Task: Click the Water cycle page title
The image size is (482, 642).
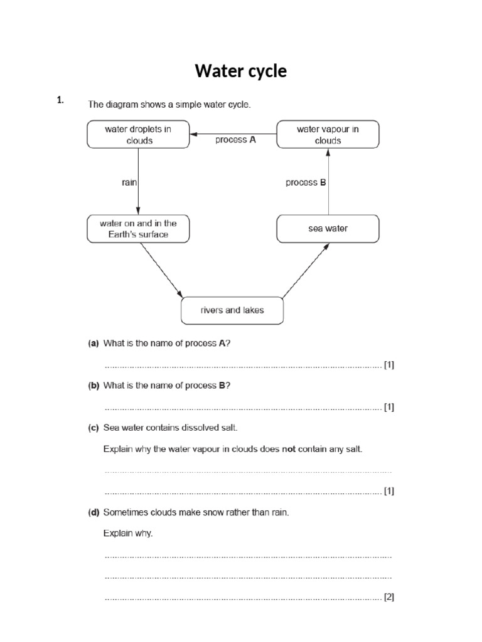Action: tap(240, 71)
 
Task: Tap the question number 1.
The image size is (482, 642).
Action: tap(60, 100)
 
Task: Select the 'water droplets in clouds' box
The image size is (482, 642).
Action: tap(138, 135)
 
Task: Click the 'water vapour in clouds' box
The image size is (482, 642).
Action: tap(328, 135)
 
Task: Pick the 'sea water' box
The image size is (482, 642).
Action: tap(328, 229)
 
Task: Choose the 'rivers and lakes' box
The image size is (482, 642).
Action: tap(232, 310)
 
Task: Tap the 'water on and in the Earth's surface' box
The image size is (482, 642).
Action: tap(138, 229)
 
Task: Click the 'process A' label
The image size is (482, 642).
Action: tap(235, 140)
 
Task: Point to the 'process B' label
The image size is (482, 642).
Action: tap(306, 182)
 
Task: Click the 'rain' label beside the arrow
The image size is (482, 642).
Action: tap(129, 182)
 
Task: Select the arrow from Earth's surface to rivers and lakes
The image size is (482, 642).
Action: tap(161, 270)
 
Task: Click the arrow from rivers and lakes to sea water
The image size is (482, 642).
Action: tap(305, 270)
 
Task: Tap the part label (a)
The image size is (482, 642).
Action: tap(94, 343)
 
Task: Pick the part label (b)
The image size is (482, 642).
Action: tap(94, 385)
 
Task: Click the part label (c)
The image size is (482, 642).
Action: tap(94, 428)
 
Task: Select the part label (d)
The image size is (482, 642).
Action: tap(94, 512)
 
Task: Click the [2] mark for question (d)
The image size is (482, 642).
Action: tap(389, 597)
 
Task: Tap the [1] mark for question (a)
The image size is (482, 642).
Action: tap(389, 365)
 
